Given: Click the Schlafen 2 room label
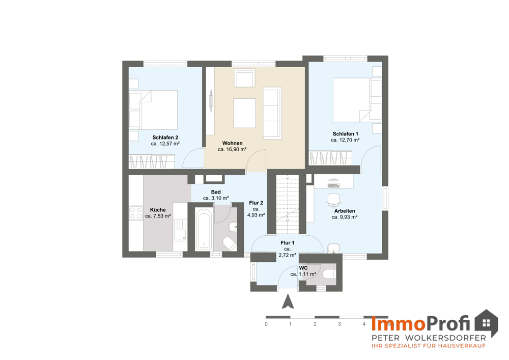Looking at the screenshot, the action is tap(165, 137).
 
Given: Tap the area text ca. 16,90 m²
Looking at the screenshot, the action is tap(232, 149).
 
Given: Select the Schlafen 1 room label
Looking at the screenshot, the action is tap(346, 134).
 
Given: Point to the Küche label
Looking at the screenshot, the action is tap(158, 210).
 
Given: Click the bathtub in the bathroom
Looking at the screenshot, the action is tap(204, 229).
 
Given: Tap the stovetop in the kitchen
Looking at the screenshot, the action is tap(136, 213).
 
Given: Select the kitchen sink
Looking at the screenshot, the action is tap(180, 230).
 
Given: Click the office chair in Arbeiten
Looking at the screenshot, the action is tap(334, 200).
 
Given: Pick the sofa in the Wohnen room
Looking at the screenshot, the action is tap(272, 113).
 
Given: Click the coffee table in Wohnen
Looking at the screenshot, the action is tap(244, 113).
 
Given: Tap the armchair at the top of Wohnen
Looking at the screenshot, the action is tap(244, 77).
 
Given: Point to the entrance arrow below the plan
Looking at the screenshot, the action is tap(288, 301).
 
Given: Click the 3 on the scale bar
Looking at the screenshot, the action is tap(340, 324).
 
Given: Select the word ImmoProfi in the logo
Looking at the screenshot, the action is tap(421, 323).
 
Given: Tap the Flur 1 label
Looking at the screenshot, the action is tap(288, 243).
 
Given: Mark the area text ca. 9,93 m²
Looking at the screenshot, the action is tap(345, 217).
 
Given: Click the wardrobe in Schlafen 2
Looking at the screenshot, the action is tap(152, 161).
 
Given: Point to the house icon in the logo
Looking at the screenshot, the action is tap(486, 323).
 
